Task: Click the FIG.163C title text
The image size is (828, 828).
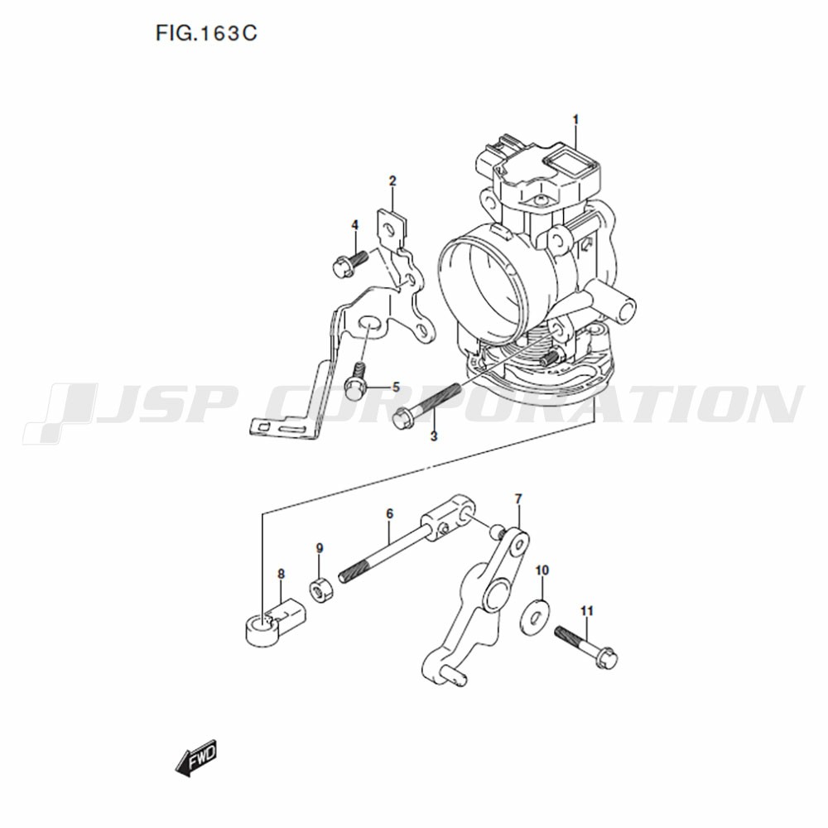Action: (x=206, y=33)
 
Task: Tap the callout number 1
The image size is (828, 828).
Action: (x=575, y=120)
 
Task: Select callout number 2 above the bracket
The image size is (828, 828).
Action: (x=392, y=181)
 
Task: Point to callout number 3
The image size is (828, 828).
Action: (x=355, y=225)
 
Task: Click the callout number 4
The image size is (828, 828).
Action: (x=396, y=388)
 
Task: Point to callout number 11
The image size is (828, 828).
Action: (x=587, y=611)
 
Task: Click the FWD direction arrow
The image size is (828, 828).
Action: (x=196, y=758)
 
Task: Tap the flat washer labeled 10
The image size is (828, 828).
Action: (x=535, y=616)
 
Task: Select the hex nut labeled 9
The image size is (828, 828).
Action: (x=320, y=590)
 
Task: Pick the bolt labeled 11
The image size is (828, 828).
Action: (x=586, y=647)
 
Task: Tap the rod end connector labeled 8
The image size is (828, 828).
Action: (x=275, y=623)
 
